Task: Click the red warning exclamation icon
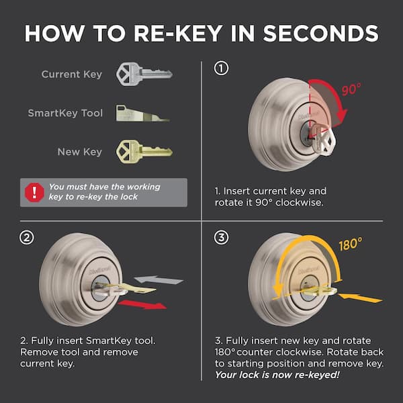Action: (x=32, y=192)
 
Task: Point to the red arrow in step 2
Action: (x=146, y=305)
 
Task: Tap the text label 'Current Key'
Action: (x=72, y=74)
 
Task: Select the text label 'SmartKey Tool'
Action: (x=65, y=113)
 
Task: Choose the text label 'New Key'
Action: (x=80, y=152)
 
